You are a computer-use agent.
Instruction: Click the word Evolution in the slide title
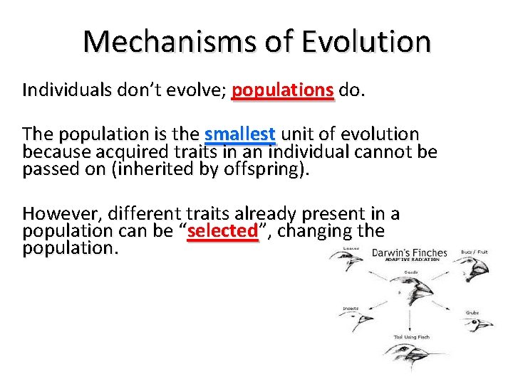(x=366, y=41)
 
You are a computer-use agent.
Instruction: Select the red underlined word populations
(x=283, y=91)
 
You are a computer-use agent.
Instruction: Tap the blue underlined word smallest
(x=239, y=134)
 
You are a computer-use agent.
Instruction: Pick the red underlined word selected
(x=222, y=231)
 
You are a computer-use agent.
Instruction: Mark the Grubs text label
(x=472, y=313)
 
